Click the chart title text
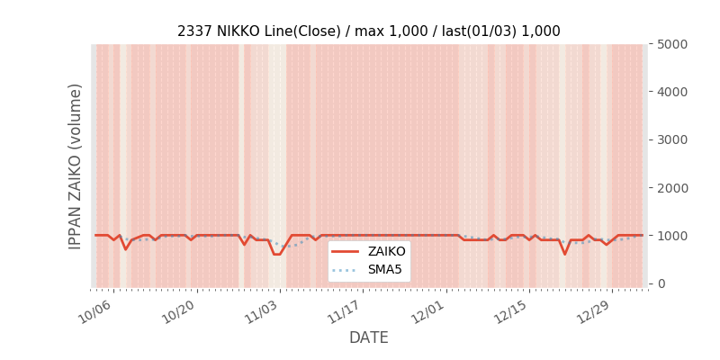click(x=368, y=31)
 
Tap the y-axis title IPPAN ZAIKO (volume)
click(x=76, y=166)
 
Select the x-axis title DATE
click(x=368, y=337)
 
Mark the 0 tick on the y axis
click(x=661, y=283)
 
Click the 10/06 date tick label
click(x=94, y=311)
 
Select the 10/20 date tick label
click(x=177, y=311)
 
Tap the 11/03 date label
click(x=261, y=311)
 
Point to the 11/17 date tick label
click(x=344, y=311)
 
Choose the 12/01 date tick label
click(x=427, y=311)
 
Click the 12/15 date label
click(x=510, y=311)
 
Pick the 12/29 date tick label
click(x=594, y=311)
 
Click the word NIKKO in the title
click(x=239, y=31)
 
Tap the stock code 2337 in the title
click(x=194, y=31)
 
